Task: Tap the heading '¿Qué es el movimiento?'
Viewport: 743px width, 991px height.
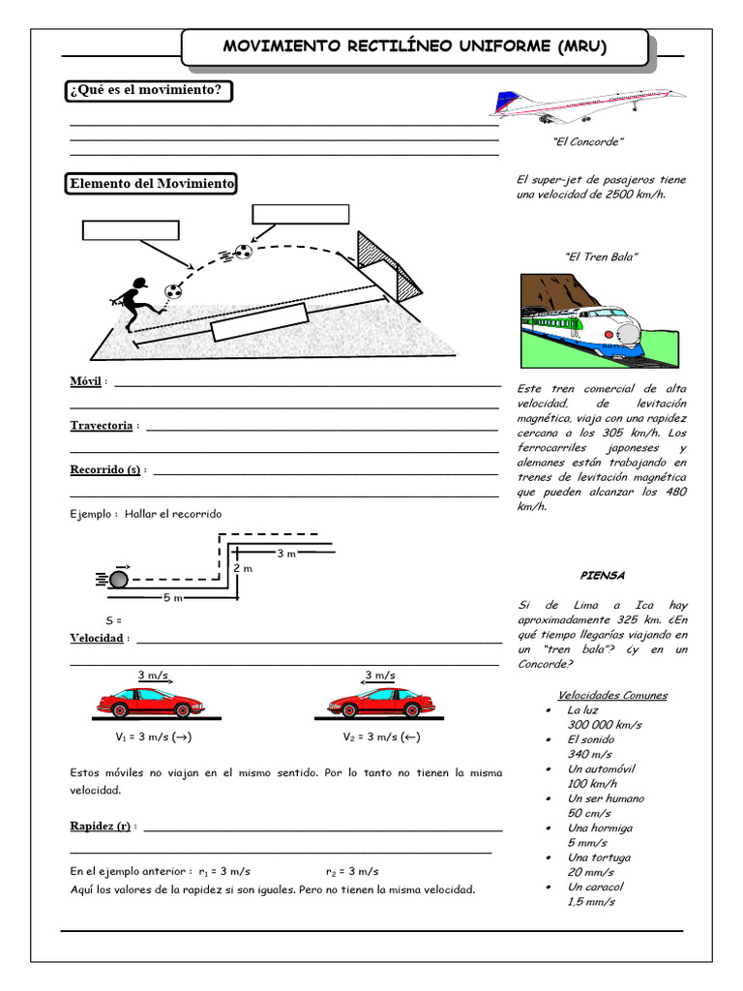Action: [x=149, y=91]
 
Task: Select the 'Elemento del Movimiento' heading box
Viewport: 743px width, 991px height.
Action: [x=151, y=184]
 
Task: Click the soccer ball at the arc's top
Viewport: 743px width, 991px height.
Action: [x=244, y=253]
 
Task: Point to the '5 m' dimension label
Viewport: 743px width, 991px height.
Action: [x=172, y=598]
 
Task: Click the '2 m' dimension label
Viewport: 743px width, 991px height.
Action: [x=242, y=568]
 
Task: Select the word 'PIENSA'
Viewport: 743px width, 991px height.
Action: [x=602, y=575]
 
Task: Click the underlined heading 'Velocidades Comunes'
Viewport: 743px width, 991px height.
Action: [x=611, y=695]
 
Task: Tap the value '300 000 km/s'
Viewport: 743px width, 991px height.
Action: [x=605, y=725]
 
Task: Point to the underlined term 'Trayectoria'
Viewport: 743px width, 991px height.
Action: [x=101, y=426]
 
